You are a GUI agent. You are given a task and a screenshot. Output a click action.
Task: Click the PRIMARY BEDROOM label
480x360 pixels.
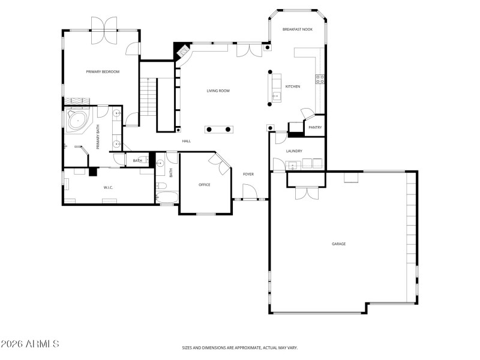click(x=103, y=72)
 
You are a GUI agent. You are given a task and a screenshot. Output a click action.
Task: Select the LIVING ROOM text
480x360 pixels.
click(x=218, y=91)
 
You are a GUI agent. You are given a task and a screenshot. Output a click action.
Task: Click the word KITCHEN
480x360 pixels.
click(x=293, y=87)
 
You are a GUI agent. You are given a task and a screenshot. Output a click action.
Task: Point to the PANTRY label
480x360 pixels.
click(x=315, y=127)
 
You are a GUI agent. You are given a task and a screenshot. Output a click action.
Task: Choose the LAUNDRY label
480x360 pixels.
click(x=294, y=151)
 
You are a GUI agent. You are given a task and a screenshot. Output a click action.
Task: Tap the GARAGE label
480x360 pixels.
click(x=339, y=244)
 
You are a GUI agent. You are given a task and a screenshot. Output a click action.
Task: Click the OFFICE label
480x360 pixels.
click(x=205, y=185)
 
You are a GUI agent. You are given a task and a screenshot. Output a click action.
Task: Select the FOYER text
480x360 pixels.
click(x=248, y=174)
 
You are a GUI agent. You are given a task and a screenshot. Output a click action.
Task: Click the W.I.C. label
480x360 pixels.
click(x=109, y=188)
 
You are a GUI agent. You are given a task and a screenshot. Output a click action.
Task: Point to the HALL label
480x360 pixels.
click(x=187, y=141)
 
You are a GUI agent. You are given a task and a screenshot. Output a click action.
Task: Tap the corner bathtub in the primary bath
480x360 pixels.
click(x=78, y=120)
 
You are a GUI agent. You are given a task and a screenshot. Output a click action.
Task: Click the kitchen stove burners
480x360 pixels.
click(x=320, y=78)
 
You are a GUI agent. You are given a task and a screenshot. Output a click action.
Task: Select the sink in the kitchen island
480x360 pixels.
click(x=276, y=95)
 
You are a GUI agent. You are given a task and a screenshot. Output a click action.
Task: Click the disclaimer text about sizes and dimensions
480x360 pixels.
click(x=240, y=347)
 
